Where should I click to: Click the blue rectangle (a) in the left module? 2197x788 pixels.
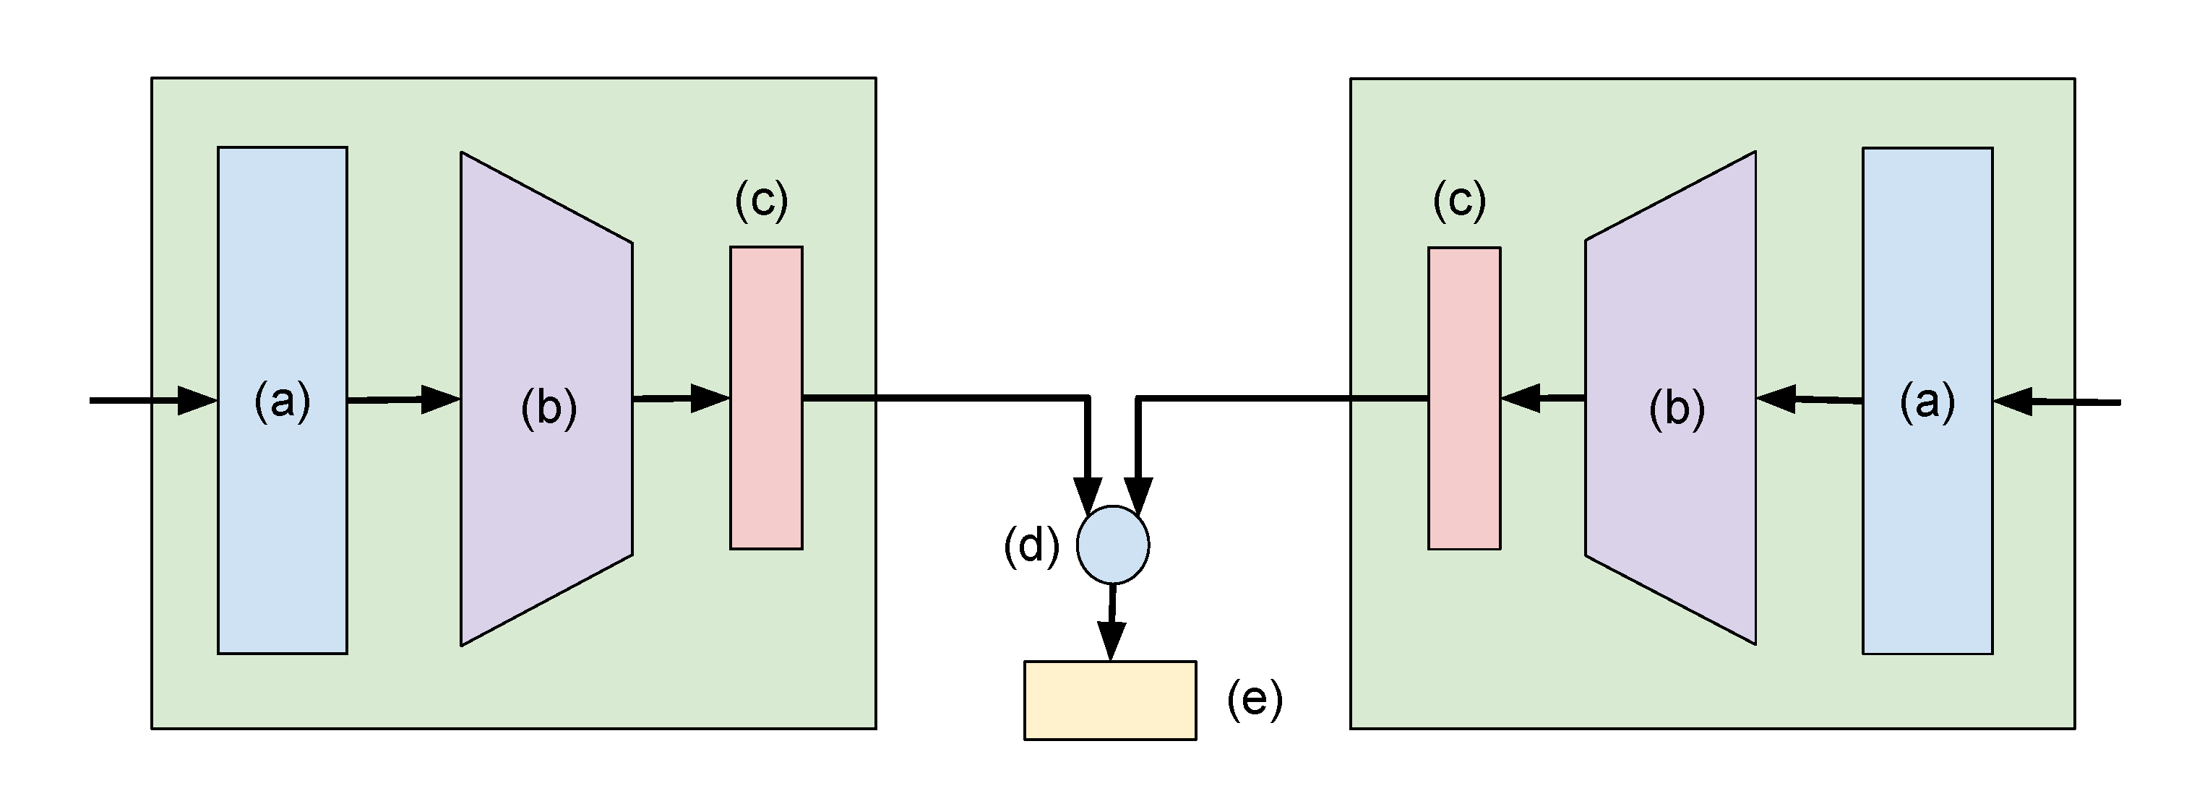pyautogui.click(x=283, y=511)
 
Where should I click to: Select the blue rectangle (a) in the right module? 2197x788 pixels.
pyautogui.click(x=1927, y=511)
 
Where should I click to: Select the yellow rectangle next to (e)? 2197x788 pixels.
pyautogui.click(x=1109, y=700)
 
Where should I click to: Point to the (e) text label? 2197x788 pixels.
pyautogui.click(x=1255, y=700)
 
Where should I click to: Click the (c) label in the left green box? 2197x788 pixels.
pyautogui.click(x=761, y=202)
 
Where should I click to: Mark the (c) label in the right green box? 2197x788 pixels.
pyautogui.click(x=1459, y=202)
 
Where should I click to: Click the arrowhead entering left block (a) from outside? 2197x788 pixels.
pyautogui.click(x=196, y=400)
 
